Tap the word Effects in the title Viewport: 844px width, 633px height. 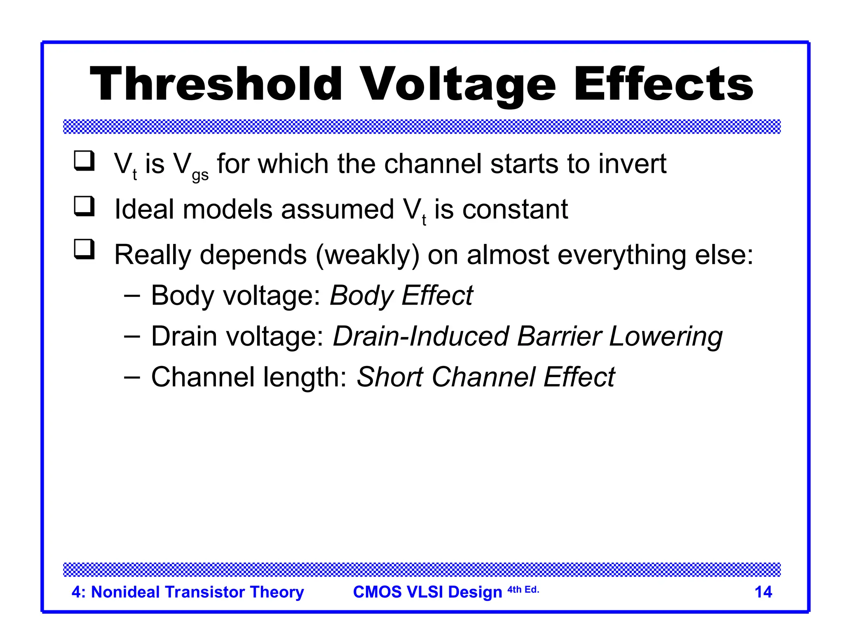tap(663, 84)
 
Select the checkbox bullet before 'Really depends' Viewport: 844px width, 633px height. tap(84, 249)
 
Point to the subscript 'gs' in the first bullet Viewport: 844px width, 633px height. tap(200, 175)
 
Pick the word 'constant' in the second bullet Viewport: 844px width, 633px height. tap(515, 209)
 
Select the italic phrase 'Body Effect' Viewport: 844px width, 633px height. tap(401, 295)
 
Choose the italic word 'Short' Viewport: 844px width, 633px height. tap(389, 377)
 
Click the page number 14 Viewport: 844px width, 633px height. tap(763, 592)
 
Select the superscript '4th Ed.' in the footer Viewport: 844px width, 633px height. tap(523, 590)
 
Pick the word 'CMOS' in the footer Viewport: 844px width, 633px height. tap(377, 592)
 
